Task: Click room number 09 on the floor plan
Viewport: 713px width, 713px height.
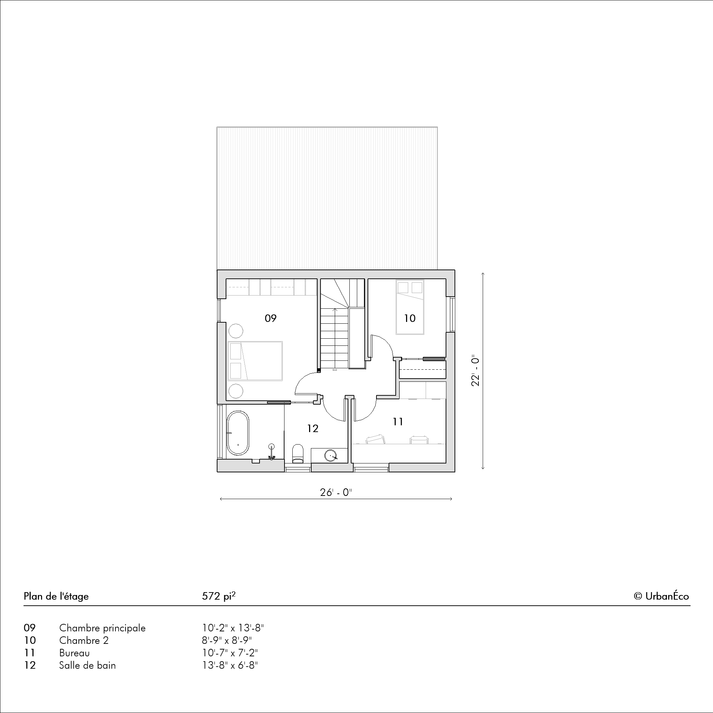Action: (x=271, y=318)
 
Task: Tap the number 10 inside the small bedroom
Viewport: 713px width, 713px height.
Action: (x=410, y=318)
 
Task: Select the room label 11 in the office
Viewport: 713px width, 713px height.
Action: (x=398, y=421)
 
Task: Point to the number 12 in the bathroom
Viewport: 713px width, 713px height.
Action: (x=313, y=429)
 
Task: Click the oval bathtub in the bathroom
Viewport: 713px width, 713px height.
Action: (x=238, y=433)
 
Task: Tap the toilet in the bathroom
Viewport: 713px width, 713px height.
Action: (x=297, y=453)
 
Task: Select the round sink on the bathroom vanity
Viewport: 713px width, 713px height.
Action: (x=332, y=456)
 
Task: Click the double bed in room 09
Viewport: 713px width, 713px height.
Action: (x=255, y=361)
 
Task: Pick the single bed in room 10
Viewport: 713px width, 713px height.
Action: (x=410, y=307)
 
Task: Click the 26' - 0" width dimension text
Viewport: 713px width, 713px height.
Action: (x=336, y=493)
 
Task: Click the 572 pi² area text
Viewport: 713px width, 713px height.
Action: (x=219, y=596)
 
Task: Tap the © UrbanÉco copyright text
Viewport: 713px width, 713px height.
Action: (x=661, y=596)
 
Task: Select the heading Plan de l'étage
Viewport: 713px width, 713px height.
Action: (x=56, y=596)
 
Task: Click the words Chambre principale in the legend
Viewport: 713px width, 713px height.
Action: (x=102, y=628)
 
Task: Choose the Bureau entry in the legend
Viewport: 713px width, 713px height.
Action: (x=74, y=653)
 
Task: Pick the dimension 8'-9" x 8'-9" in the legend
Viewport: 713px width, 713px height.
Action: (x=227, y=640)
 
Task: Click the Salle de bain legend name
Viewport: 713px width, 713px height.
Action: (x=87, y=665)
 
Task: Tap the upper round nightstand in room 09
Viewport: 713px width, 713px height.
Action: (x=235, y=331)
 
